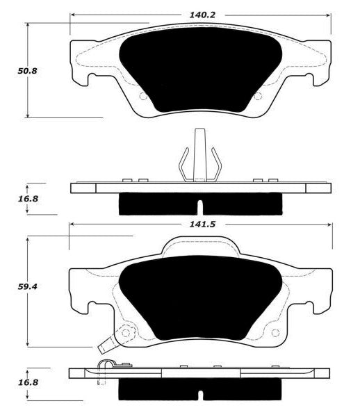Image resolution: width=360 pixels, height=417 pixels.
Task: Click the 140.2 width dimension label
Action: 202,15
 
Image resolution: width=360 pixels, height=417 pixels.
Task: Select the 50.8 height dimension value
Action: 27,71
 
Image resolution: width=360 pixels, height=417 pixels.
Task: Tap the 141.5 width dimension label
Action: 202,224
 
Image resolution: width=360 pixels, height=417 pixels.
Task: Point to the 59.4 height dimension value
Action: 27,286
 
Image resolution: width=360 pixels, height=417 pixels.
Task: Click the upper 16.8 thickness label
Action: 28,199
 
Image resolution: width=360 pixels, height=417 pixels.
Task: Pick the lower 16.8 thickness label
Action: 28,383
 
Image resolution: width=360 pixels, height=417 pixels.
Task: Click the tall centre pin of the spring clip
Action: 199,155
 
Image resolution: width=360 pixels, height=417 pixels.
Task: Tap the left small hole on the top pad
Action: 143,96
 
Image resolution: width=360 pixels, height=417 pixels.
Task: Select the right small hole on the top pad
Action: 258,96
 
